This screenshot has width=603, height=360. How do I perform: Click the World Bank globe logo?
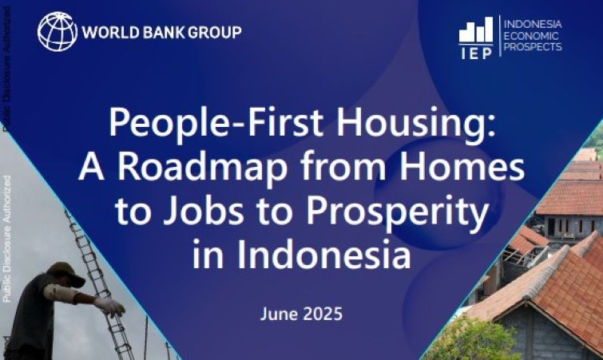click(58, 32)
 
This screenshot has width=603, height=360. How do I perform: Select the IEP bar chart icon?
click(476, 30)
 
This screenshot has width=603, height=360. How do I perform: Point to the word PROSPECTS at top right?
click(533, 47)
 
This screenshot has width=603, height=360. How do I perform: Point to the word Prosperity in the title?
click(372, 213)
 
